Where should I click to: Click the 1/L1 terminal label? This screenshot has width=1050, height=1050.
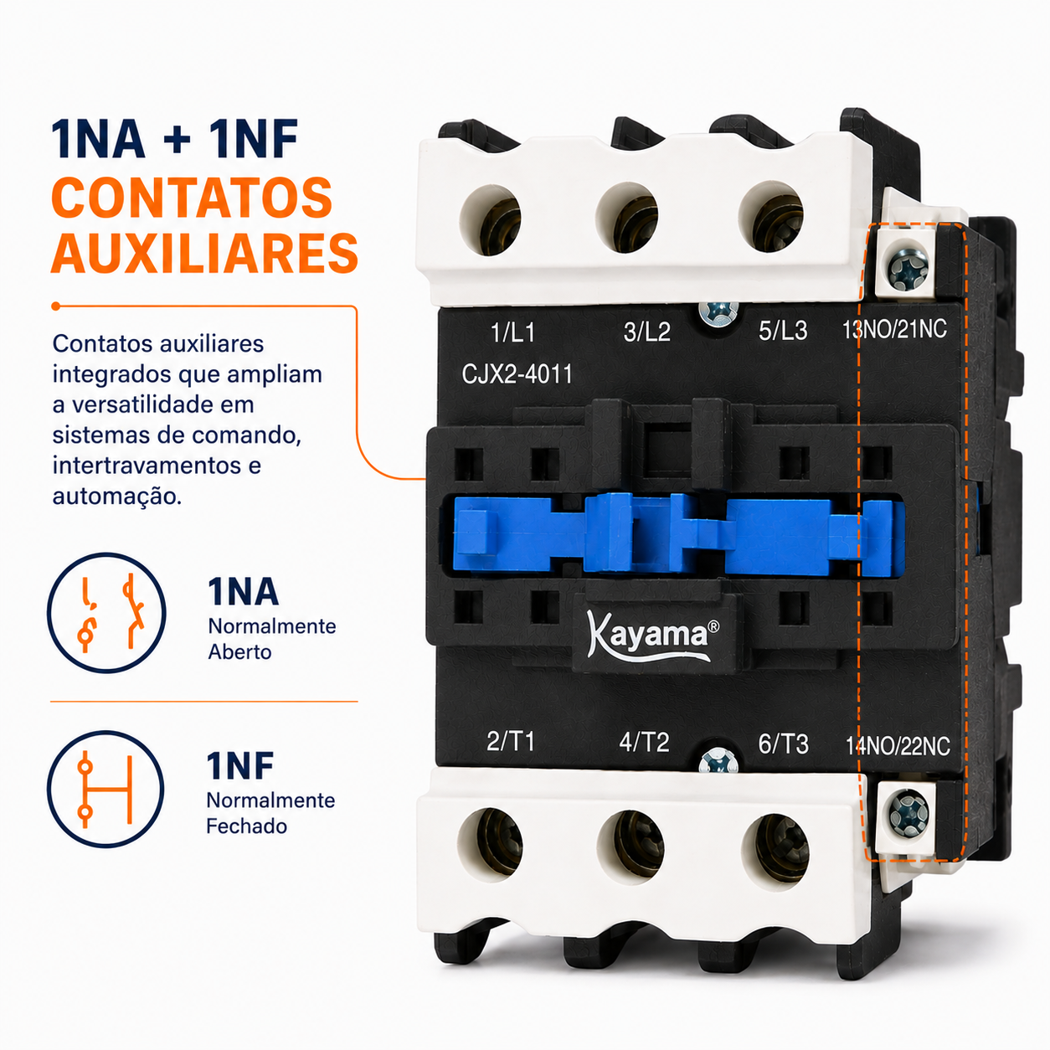point(512,332)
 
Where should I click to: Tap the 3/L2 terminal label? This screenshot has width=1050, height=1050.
point(646,332)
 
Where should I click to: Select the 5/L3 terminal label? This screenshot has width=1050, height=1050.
point(783,331)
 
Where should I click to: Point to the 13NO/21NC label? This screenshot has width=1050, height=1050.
point(895,329)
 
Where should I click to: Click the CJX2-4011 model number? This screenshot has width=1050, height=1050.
point(517,374)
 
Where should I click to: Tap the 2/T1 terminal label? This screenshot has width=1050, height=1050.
point(511,741)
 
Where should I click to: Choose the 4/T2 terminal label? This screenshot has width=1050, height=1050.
point(644,742)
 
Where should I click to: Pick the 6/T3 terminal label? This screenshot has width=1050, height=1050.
point(784,744)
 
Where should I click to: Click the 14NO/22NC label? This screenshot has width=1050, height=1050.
point(898,746)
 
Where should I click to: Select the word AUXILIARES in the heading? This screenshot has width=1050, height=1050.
point(204,253)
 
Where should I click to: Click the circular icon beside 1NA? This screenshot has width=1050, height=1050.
point(106,612)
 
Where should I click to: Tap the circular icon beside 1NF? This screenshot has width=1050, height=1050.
point(106,789)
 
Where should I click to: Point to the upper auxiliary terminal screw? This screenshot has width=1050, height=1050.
point(908,269)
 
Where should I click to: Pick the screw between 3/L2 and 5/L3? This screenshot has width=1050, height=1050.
point(718,315)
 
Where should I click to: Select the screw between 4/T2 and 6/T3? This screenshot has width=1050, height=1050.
point(718,760)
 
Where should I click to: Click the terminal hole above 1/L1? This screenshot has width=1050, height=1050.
point(491,220)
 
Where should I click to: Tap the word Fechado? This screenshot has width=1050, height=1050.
point(246,826)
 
